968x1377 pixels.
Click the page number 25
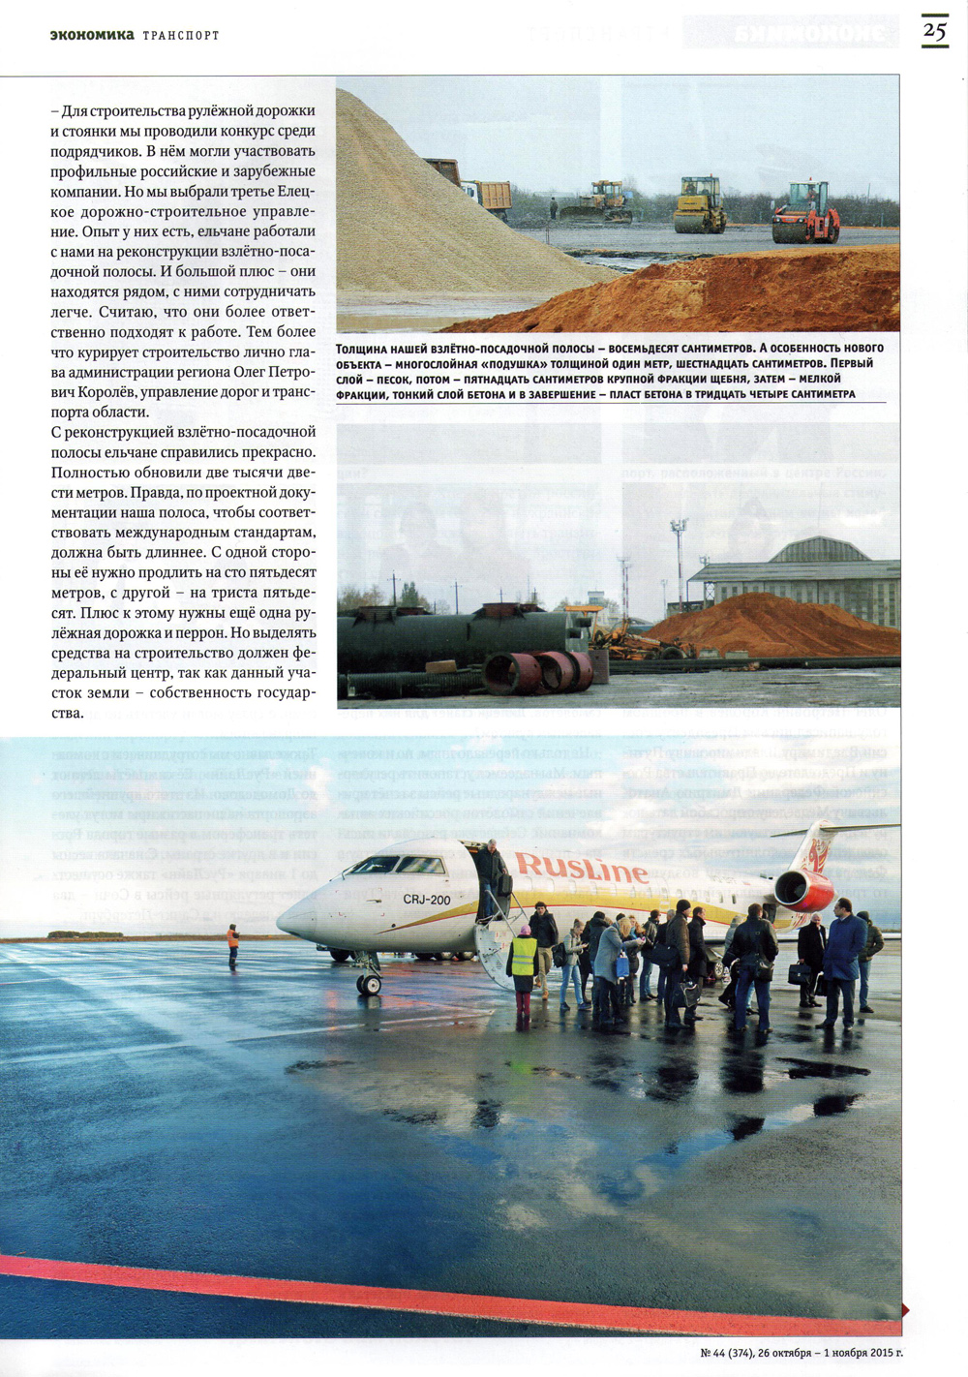(934, 30)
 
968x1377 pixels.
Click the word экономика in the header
(92, 35)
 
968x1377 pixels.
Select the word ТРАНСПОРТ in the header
(181, 36)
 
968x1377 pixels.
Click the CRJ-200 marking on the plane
(427, 900)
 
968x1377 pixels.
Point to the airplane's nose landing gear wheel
(369, 984)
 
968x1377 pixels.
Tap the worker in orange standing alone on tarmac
(232, 944)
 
